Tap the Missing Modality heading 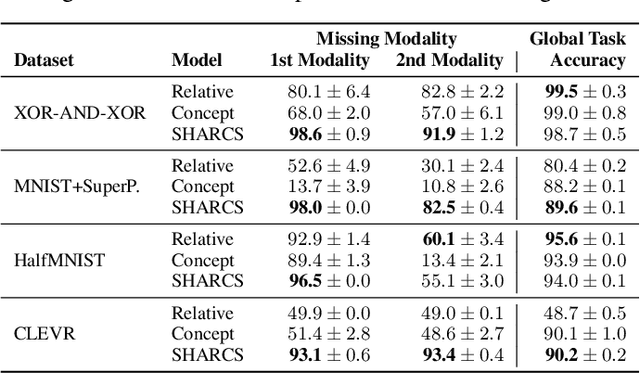coord(386,40)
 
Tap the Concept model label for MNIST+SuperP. coord(203,186)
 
